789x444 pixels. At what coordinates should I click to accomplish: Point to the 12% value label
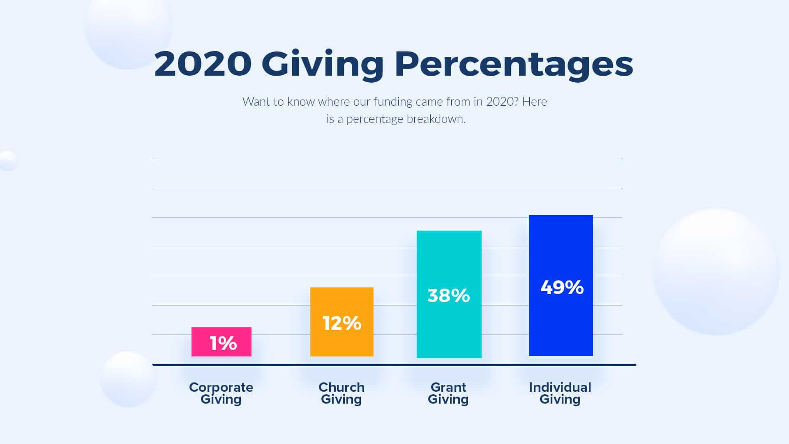[342, 323]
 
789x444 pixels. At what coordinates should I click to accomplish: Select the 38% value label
[449, 296]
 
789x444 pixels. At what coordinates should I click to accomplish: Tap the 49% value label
[562, 287]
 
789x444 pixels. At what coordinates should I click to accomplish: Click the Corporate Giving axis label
[221, 393]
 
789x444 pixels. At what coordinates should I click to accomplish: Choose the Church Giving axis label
[341, 393]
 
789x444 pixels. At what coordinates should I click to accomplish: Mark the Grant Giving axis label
[448, 393]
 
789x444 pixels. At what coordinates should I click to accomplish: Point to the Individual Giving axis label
[560, 393]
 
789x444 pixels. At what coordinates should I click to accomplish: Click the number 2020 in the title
[203, 64]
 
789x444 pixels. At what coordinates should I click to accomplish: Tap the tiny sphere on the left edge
[8, 161]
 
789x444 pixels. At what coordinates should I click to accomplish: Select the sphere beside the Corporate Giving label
[128, 379]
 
